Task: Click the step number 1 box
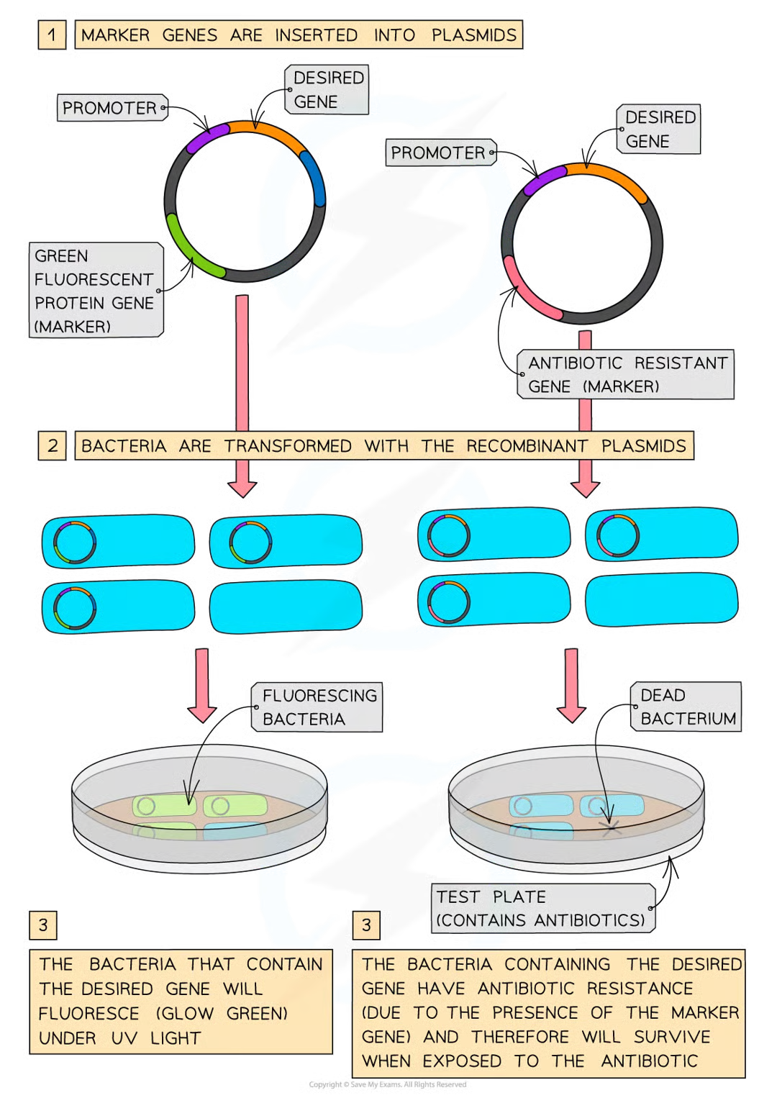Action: [x=52, y=35]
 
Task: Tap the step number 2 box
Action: [x=52, y=445]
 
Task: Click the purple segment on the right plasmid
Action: [x=543, y=180]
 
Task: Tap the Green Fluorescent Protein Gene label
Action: [x=96, y=290]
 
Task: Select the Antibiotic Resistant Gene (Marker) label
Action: [x=626, y=374]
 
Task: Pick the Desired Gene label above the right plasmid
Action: [x=658, y=129]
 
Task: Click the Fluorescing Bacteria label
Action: [x=317, y=707]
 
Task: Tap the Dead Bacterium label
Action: [x=686, y=707]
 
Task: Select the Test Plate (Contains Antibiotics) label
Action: [x=542, y=908]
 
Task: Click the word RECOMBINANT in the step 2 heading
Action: [x=527, y=446]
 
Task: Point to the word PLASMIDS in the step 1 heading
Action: [x=473, y=35]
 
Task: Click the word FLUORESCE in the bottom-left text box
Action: [x=89, y=1014]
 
